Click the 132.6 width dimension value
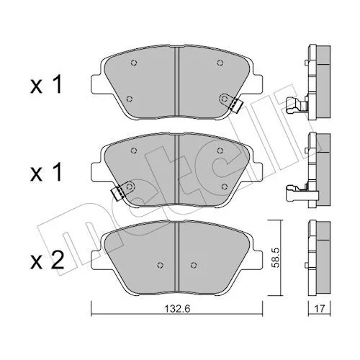(177, 309)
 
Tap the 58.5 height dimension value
(276, 258)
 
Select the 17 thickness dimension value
(319, 308)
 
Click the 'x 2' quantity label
(47, 261)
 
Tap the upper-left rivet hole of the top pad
(134, 63)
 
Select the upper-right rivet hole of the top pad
(220, 63)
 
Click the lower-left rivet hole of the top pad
(130, 99)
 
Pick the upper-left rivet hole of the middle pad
(134, 150)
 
